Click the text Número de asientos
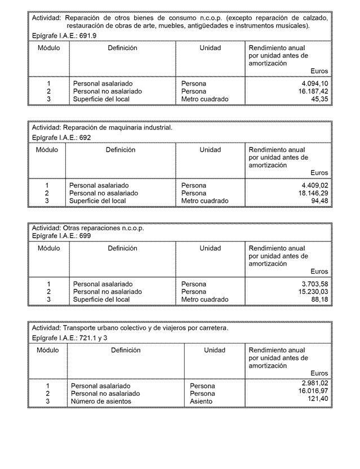click(101, 401)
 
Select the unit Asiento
click(201, 401)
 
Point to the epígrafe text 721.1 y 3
click(94, 338)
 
